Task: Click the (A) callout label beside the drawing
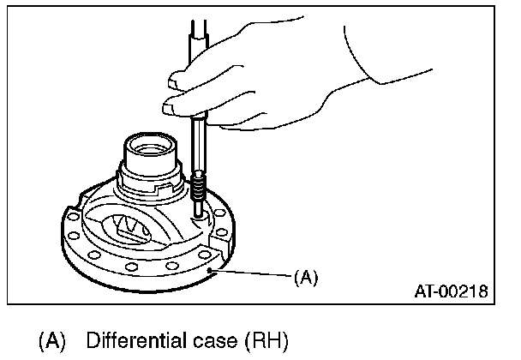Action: tap(306, 277)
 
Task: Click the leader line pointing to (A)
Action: tap(253, 273)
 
